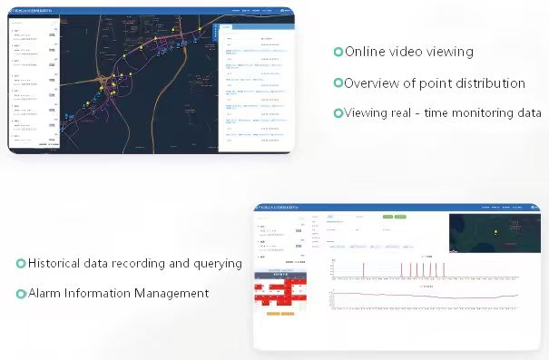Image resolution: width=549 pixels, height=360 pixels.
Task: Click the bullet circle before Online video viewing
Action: click(338, 53)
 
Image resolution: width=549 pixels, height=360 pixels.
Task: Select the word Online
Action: click(364, 52)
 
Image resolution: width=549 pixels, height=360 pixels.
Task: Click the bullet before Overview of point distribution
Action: click(338, 83)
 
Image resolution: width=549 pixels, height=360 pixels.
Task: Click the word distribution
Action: click(486, 83)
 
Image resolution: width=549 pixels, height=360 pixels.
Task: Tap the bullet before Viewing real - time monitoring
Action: click(338, 113)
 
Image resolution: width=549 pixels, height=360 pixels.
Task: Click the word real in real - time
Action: click(404, 113)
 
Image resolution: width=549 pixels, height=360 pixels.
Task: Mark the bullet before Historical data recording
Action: click(21, 264)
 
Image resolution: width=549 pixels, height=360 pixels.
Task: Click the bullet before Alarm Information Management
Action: click(21, 294)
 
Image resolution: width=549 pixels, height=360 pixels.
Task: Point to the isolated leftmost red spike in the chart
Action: click(364, 269)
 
